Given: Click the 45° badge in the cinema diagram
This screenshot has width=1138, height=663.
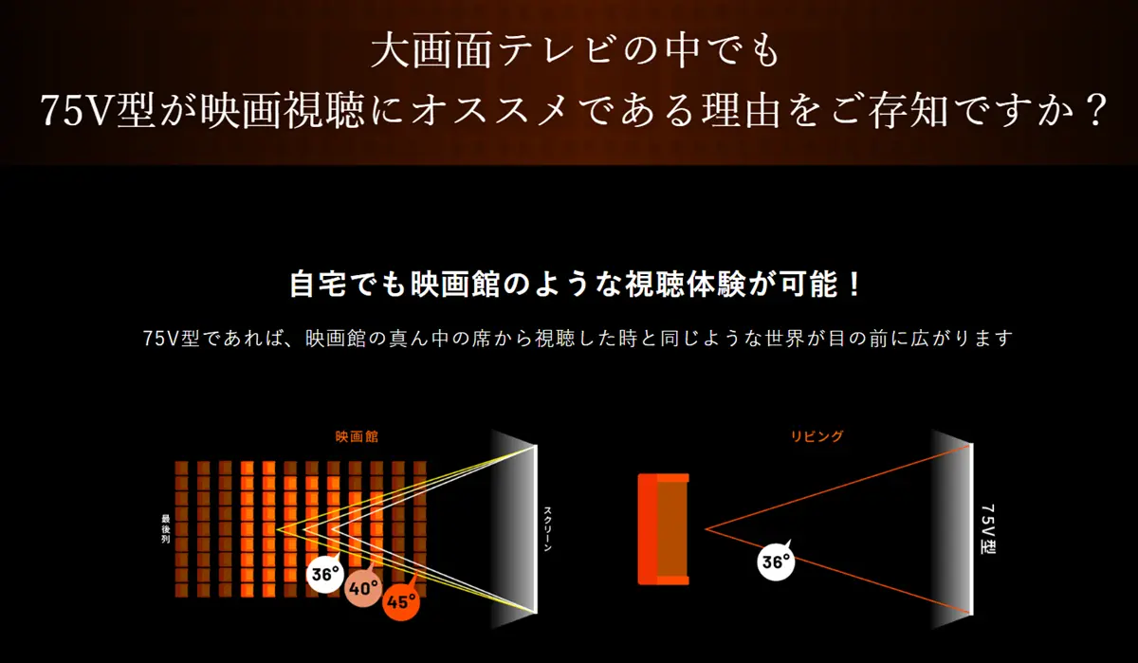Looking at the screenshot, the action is tap(401, 601).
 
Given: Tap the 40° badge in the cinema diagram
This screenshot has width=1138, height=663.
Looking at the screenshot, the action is tap(363, 588).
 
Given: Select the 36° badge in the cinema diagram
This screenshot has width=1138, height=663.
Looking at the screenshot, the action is tap(325, 574).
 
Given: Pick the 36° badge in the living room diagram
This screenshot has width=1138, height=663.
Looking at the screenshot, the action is tap(776, 562).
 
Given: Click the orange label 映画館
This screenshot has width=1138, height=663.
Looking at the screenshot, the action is tap(357, 437).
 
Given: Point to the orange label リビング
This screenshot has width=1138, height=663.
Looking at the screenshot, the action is tap(817, 436).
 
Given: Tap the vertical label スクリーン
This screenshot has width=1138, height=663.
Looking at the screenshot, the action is tap(548, 528).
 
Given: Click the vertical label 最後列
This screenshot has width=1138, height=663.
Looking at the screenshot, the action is tap(166, 528).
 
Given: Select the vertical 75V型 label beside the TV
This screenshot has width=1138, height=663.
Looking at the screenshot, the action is tap(987, 529).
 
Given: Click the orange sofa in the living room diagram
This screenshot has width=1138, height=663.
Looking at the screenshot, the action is tap(664, 529).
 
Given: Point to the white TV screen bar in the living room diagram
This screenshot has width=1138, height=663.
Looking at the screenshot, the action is tap(971, 529).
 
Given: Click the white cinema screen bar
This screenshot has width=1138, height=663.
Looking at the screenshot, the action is tap(535, 529).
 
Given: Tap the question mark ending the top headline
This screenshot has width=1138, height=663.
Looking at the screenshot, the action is tap(1094, 111).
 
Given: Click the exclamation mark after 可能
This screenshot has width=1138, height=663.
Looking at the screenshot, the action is tap(854, 285).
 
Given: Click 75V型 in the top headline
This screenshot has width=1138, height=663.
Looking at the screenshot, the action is tap(97, 111).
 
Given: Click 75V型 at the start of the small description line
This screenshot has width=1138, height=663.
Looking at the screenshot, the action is tap(171, 338).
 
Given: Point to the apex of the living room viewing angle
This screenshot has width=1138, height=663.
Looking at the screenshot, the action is tap(706, 529).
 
